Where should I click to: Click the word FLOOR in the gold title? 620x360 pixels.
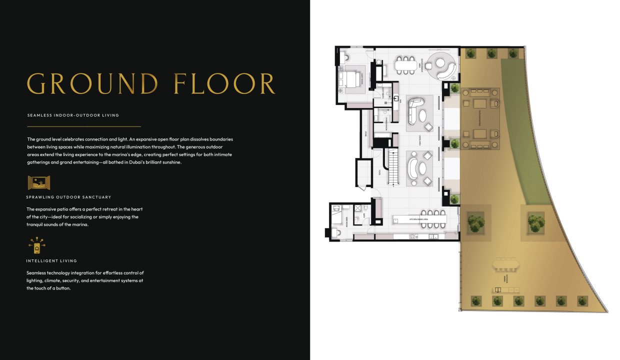(x=224, y=83)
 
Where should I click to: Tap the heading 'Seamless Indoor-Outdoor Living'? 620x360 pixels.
(x=73, y=115)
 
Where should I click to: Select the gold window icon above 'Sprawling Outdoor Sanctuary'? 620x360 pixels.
(x=39, y=182)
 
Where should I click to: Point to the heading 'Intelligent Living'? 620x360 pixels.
(x=51, y=261)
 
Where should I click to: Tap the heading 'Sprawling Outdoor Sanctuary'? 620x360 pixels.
(x=69, y=197)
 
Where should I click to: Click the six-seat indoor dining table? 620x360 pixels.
(x=405, y=64)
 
